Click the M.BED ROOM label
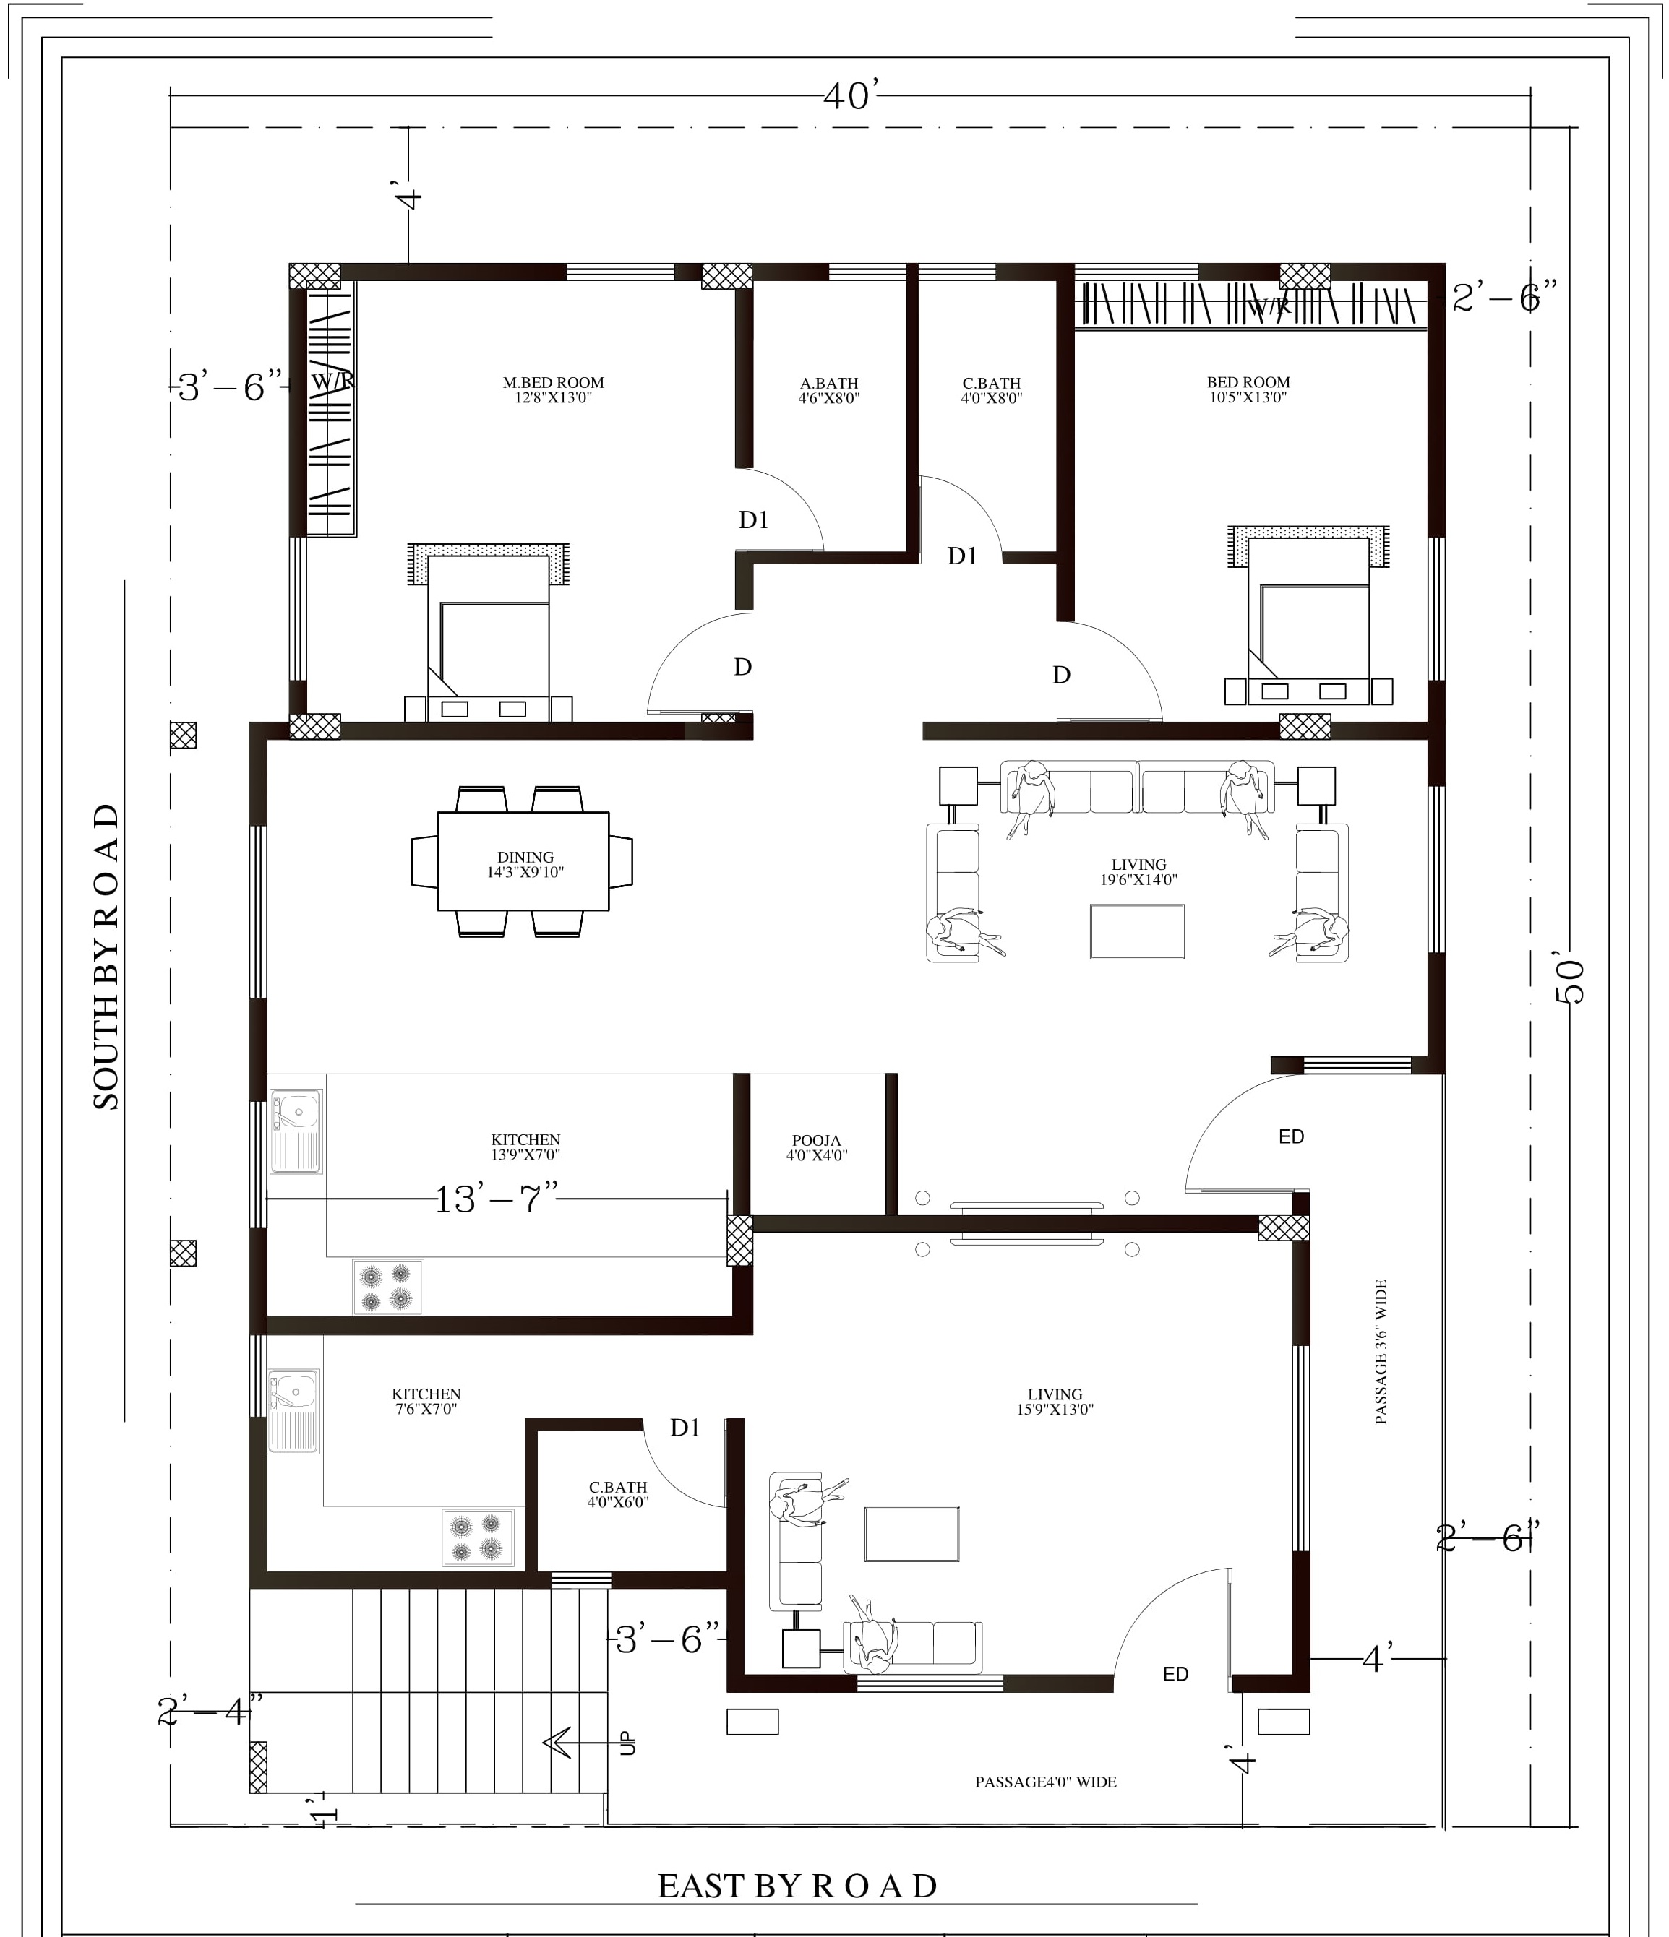coord(554,382)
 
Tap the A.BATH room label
coord(828,384)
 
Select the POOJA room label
coord(816,1141)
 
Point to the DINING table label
coord(525,858)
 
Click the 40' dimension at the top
coord(851,95)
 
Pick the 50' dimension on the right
coord(1571,980)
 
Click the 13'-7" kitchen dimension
coord(496,1199)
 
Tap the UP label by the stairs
coord(627,1743)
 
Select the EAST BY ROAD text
coord(797,1886)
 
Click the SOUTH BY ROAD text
coord(106,957)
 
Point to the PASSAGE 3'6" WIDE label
coord(1381,1353)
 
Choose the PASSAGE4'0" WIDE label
coord(1045,1782)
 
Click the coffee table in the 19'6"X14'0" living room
coord(1137,931)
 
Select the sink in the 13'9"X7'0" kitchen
coord(296,1131)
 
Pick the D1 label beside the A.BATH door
coord(754,519)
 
